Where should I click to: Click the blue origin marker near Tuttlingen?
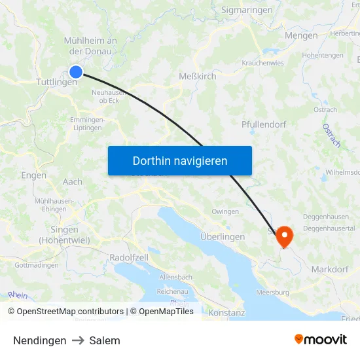(76, 72)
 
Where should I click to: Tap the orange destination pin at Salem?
(285, 236)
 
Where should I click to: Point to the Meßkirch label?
(198, 77)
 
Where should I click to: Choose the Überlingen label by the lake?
(223, 237)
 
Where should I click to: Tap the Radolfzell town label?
(129, 257)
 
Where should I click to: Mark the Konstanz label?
(226, 313)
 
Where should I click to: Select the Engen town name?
(33, 175)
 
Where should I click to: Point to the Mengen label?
(302, 36)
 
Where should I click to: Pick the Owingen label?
(225, 211)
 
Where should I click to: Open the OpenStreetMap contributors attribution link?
(69, 312)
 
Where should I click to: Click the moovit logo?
(321, 339)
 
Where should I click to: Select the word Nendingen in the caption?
(39, 340)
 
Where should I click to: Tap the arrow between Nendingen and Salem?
(78, 340)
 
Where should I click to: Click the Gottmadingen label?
(37, 265)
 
